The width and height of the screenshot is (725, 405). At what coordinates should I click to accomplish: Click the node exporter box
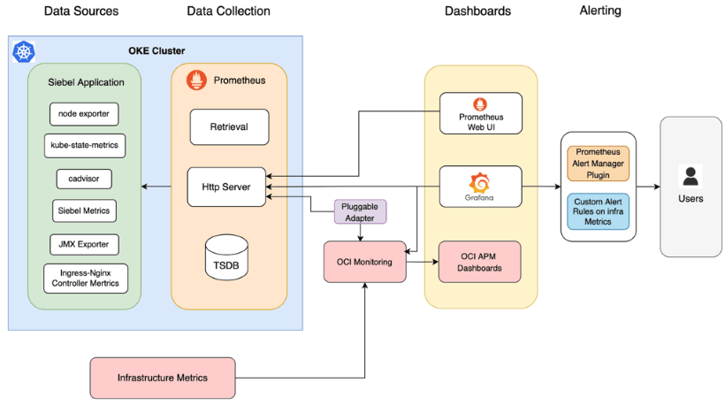[x=83, y=113]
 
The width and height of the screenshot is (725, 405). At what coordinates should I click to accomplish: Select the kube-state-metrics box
[x=83, y=145]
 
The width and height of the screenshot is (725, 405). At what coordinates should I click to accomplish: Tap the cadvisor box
[x=83, y=178]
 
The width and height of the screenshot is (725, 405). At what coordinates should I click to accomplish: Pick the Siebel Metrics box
[x=83, y=210]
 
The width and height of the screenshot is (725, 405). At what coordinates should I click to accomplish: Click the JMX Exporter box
[x=83, y=244]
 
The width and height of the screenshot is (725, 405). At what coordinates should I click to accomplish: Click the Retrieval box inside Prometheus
[x=228, y=126]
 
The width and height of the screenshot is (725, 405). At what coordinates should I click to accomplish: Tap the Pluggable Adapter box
[x=360, y=211]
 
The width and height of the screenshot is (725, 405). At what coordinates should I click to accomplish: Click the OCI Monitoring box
[x=364, y=261]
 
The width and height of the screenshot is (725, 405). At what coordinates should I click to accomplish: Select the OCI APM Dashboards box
[x=480, y=261]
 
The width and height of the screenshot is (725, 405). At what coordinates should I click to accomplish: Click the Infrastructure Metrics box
[x=163, y=378]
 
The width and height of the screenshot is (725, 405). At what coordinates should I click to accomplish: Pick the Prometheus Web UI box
[x=480, y=113]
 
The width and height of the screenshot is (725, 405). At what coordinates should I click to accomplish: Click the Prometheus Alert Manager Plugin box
[x=598, y=164]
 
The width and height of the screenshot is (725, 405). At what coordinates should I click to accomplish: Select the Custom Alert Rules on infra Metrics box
[x=598, y=210]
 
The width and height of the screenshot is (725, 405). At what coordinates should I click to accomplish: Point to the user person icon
[x=690, y=174]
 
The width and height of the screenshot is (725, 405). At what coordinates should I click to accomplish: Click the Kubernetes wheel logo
[x=23, y=52]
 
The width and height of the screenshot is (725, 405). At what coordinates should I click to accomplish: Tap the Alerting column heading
[x=599, y=11]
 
